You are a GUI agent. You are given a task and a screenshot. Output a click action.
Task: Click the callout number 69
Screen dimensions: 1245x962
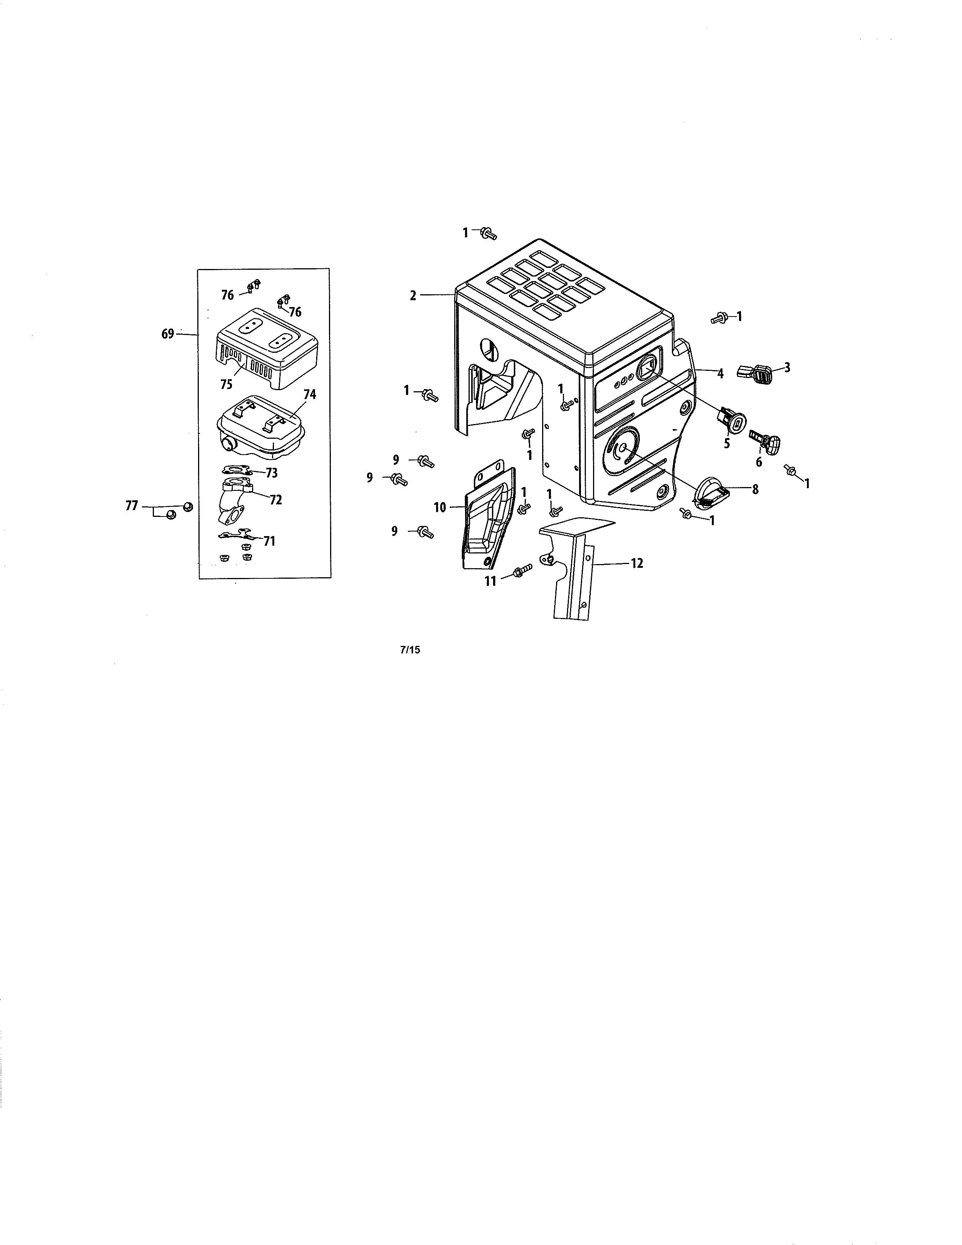tap(167, 334)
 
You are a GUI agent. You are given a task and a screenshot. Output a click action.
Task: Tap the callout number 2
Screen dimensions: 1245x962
tap(413, 295)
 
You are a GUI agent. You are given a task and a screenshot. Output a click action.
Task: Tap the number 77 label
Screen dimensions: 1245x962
tap(132, 505)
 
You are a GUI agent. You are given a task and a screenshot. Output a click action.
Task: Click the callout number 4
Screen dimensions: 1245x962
tap(720, 374)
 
